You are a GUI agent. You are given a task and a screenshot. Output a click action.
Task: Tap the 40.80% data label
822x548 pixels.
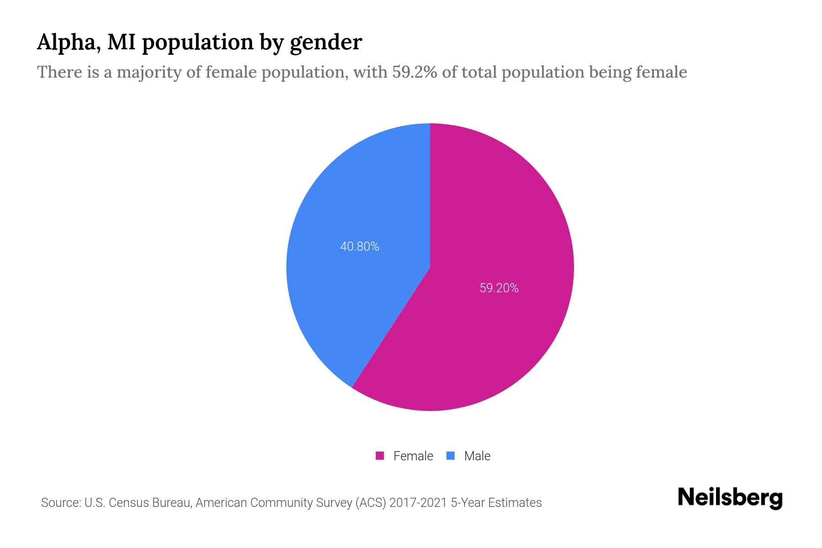(360, 247)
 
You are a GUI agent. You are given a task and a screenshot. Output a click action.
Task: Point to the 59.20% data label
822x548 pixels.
(499, 288)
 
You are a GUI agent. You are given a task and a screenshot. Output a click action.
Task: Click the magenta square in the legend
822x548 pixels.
(380, 456)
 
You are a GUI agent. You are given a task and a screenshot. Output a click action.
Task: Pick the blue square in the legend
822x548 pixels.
(451, 456)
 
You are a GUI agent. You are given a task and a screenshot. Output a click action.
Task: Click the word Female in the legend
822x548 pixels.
(413, 456)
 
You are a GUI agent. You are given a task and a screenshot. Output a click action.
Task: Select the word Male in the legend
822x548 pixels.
(477, 456)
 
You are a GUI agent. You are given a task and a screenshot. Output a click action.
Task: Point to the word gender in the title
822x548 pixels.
(326, 42)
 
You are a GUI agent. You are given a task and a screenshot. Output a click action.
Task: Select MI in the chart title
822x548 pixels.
(123, 42)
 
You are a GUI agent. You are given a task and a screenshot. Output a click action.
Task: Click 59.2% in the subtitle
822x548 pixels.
(414, 72)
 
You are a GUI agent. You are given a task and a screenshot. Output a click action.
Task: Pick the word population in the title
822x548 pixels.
(198, 42)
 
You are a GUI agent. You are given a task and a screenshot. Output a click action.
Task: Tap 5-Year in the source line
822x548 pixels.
(467, 503)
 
